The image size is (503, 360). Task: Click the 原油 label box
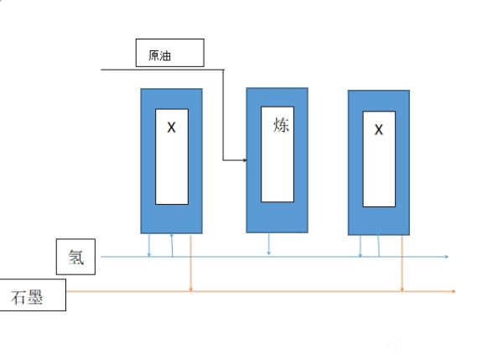169,53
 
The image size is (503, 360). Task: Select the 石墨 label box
33,296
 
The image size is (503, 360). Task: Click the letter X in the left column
171,128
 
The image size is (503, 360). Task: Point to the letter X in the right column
378,130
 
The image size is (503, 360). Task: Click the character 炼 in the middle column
281,125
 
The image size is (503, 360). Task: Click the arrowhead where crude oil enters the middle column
243,159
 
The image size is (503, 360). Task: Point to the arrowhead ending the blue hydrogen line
447,257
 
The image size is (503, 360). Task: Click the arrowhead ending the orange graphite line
454,291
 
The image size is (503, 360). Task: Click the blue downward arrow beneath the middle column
268,251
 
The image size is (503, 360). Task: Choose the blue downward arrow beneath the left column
149,252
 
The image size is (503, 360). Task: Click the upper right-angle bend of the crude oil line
224,70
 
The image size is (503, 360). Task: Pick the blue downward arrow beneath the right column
360,253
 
